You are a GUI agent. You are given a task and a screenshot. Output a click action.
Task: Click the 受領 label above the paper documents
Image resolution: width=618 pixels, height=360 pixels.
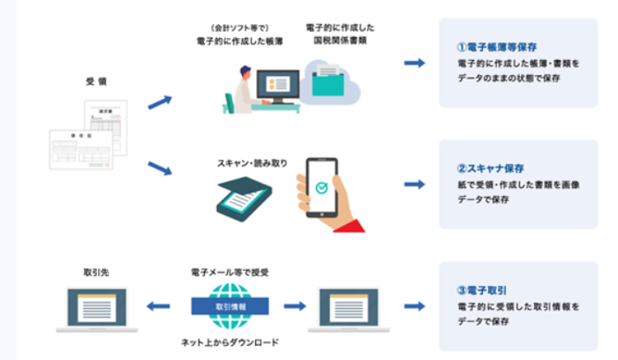[96, 81]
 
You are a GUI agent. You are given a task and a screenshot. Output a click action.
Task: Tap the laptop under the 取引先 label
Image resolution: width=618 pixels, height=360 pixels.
[95, 309]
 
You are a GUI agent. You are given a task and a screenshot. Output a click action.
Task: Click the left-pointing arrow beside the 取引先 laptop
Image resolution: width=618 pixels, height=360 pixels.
[158, 306]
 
